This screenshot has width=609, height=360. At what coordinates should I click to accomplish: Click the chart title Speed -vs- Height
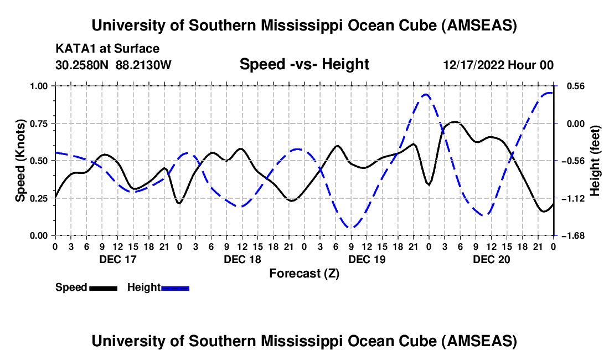304,65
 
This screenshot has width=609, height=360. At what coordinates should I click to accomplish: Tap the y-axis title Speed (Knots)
20,161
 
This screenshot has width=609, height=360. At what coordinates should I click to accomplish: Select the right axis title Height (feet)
595,161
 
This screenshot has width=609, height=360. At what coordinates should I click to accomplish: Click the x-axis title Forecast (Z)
304,274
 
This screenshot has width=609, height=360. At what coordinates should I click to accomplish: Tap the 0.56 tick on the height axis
574,86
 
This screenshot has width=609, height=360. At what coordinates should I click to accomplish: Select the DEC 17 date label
117,259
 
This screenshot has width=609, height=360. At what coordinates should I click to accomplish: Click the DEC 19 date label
367,259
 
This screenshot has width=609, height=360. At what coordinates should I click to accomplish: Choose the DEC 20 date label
491,259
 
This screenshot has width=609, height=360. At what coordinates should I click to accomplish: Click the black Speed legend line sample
103,287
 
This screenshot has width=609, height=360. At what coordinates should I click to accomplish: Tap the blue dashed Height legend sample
176,287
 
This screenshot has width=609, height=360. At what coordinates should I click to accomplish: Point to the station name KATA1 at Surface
107,49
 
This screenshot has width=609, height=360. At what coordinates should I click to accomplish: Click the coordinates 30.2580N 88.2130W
113,65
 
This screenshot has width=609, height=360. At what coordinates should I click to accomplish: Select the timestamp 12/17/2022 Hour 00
498,65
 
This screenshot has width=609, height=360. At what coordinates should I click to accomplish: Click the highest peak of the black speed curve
454,121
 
